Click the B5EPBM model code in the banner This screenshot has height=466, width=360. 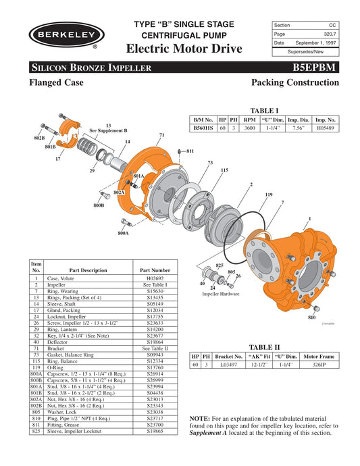coord(315,67)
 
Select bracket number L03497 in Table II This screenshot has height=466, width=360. coord(228,364)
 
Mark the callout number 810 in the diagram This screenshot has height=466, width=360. coord(311,317)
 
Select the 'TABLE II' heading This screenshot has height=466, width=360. coord(260,344)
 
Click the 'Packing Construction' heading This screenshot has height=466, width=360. coord(294,82)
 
